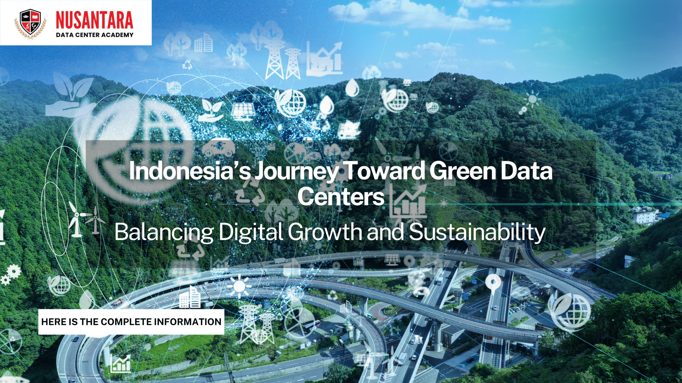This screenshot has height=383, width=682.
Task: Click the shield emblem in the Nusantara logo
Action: click(30, 23)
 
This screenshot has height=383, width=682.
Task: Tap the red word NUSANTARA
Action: click(94, 20)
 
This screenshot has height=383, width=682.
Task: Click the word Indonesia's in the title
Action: click(190, 171)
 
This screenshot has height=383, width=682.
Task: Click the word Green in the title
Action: click(463, 171)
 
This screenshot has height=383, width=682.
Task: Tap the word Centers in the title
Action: click(341, 196)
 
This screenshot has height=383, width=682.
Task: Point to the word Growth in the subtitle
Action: click(325, 232)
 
